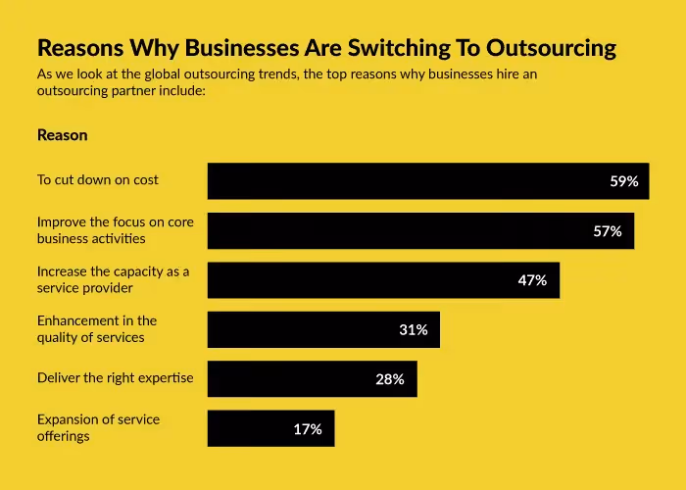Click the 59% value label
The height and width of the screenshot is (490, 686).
click(x=624, y=181)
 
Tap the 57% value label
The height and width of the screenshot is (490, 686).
click(x=608, y=231)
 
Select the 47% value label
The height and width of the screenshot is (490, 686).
click(x=532, y=280)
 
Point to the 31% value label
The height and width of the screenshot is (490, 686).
click(x=414, y=329)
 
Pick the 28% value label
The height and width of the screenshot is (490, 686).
click(x=390, y=379)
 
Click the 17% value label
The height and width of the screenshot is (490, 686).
click(x=308, y=428)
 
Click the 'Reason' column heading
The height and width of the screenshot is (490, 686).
click(x=63, y=135)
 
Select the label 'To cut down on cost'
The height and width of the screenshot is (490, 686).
click(x=98, y=179)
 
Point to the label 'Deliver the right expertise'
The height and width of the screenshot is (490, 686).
click(x=116, y=377)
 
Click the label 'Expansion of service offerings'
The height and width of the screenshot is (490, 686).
click(x=98, y=427)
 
